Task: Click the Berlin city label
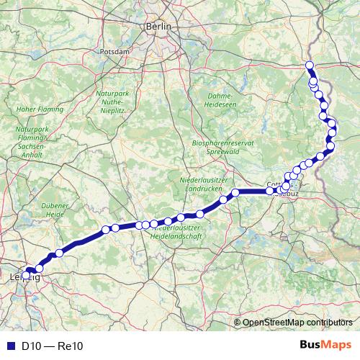click(159, 26)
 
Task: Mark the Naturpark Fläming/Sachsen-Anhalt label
click(31, 137)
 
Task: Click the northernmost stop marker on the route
click(310, 66)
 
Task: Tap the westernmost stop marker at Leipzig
click(27, 274)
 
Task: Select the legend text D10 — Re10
click(53, 346)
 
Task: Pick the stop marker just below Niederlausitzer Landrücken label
click(235, 192)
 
